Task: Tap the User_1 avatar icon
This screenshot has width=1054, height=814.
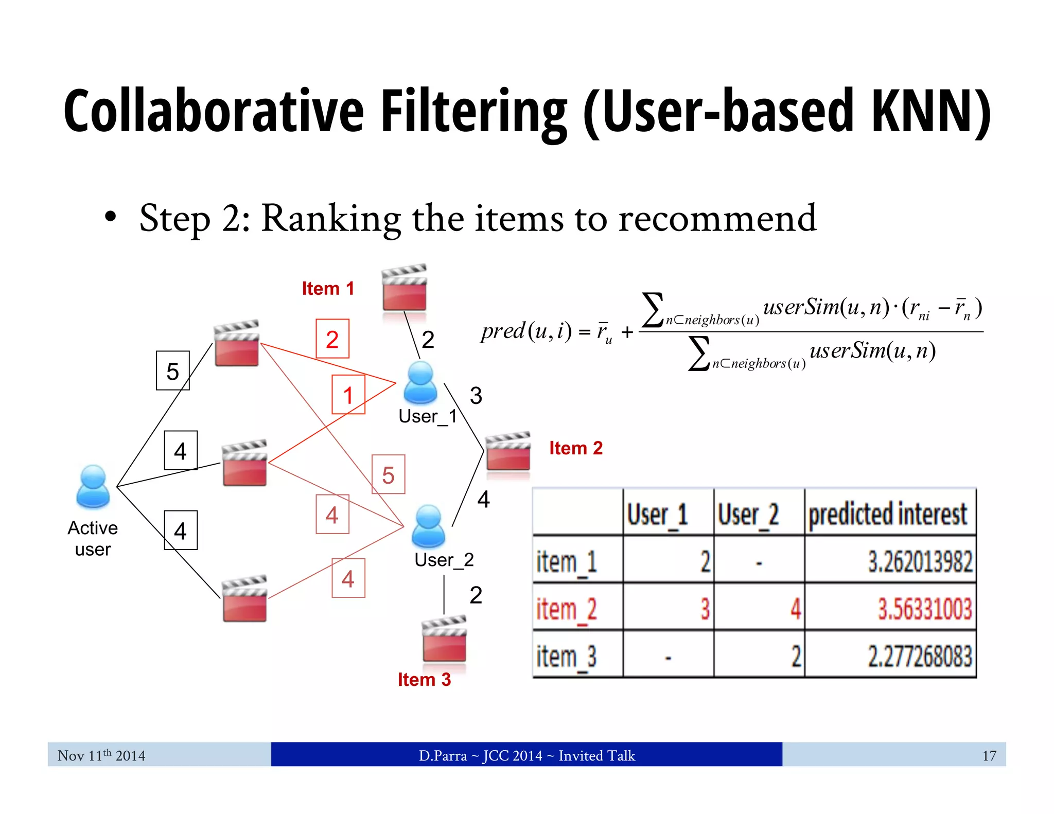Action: coord(420,382)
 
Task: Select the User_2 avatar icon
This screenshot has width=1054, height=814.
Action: coord(428,526)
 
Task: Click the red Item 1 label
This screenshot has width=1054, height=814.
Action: coord(328,289)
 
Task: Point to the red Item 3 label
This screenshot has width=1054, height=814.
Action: coord(424,680)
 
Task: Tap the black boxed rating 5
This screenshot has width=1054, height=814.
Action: coord(173,371)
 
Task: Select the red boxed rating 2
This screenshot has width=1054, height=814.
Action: coord(332,339)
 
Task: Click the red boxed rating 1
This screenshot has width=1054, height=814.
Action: coord(348,395)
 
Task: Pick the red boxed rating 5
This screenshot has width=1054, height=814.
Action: coord(389,475)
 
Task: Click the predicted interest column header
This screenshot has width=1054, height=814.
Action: coord(888,514)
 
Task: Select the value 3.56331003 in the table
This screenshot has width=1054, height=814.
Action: coord(925,609)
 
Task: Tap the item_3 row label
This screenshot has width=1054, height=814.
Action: coord(566,657)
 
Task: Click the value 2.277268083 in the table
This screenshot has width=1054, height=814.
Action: coord(920,657)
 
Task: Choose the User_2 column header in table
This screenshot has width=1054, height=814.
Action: coord(748,514)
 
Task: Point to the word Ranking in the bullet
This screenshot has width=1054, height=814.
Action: coord(331,218)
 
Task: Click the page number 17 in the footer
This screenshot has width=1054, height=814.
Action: coord(989,755)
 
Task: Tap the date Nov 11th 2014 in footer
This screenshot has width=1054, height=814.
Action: coord(101,755)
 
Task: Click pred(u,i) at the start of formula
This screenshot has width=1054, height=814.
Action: coord(525,331)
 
